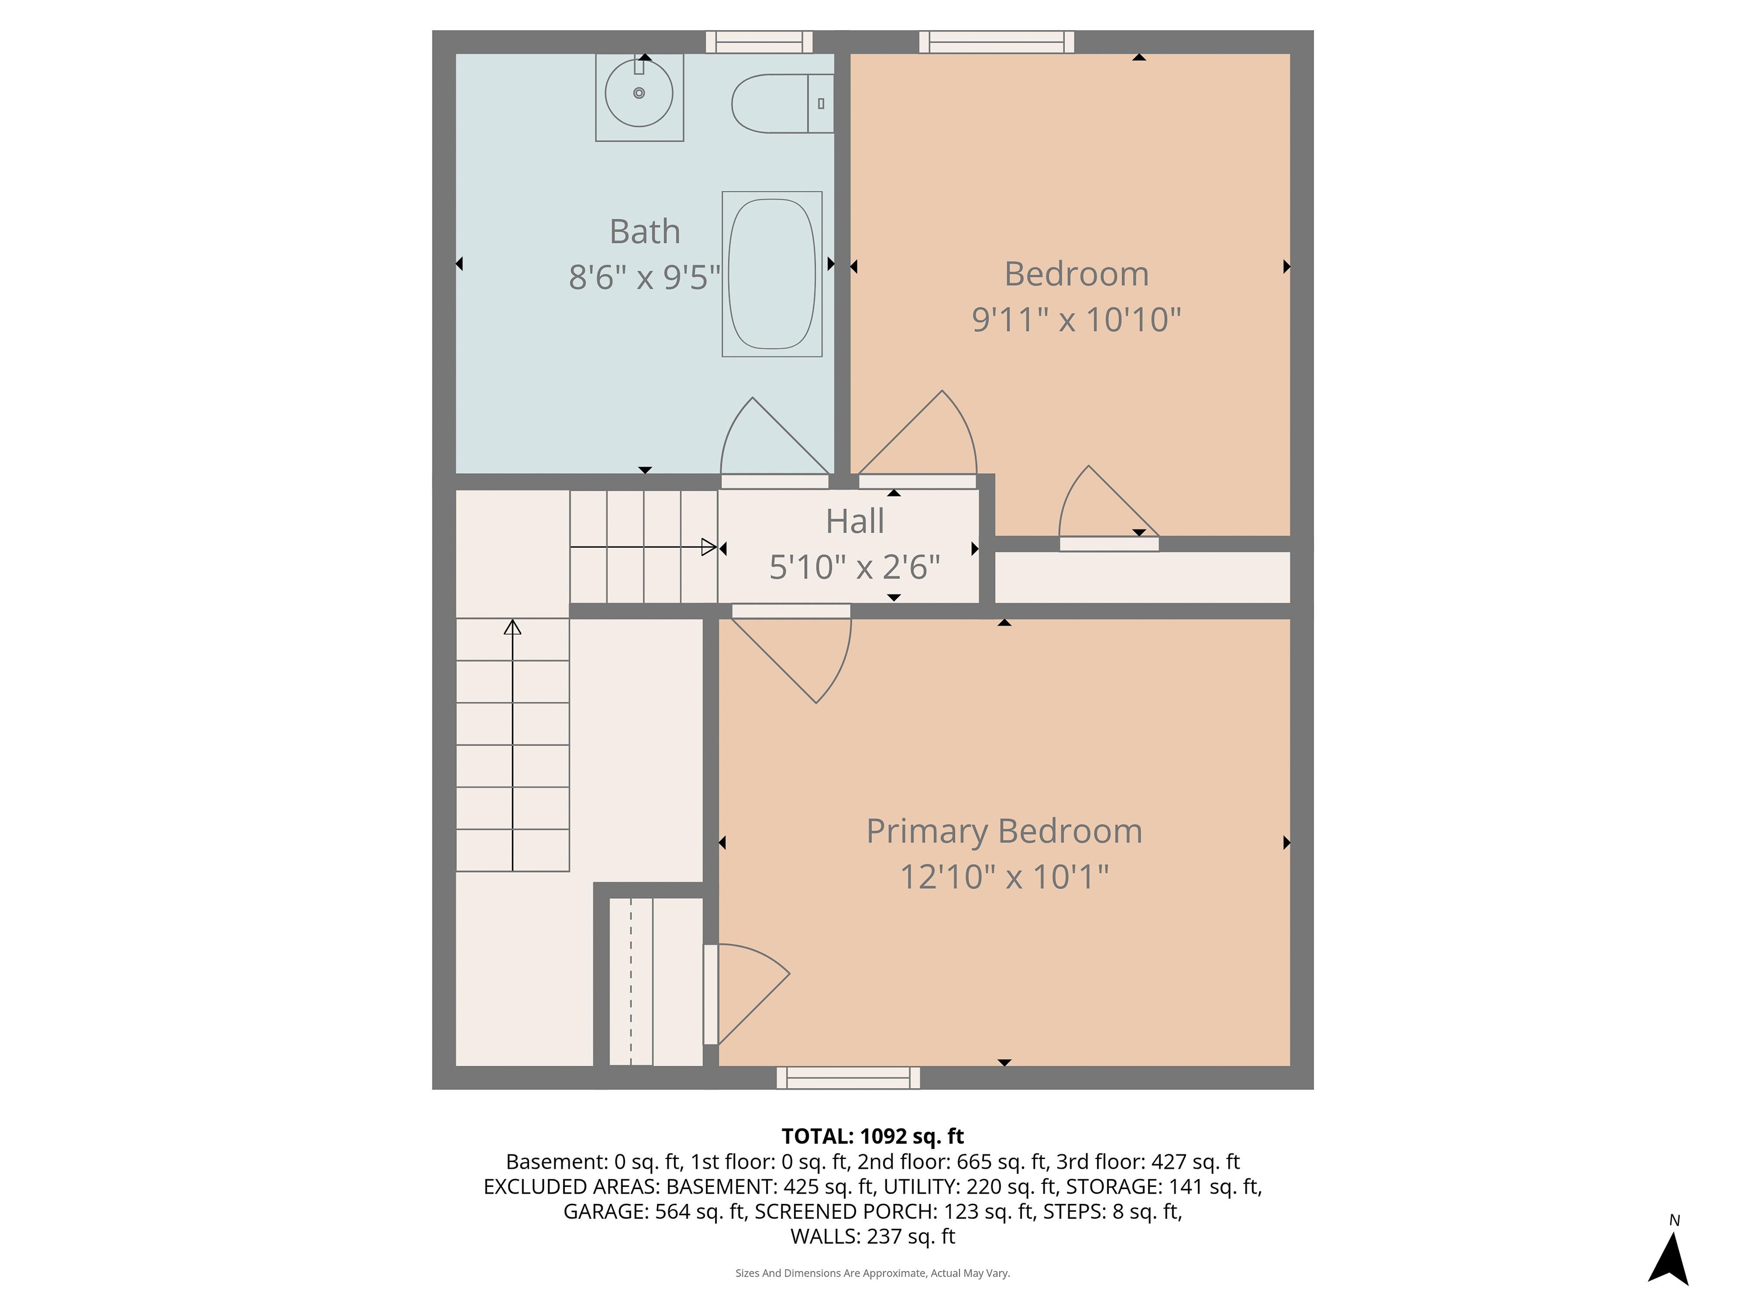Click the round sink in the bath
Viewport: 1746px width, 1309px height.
(x=639, y=93)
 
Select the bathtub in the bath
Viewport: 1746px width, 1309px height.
(x=771, y=274)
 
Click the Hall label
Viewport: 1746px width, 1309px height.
(x=854, y=522)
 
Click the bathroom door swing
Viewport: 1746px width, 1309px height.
(x=770, y=442)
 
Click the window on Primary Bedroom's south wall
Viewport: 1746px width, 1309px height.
(x=848, y=1078)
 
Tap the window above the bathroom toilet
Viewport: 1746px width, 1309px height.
(x=759, y=42)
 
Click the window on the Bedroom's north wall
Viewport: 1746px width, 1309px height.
(x=996, y=42)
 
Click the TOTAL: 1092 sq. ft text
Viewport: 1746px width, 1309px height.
(x=872, y=1136)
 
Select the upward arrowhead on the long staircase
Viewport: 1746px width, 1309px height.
(x=513, y=627)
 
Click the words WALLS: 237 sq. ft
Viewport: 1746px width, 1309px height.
(x=872, y=1236)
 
